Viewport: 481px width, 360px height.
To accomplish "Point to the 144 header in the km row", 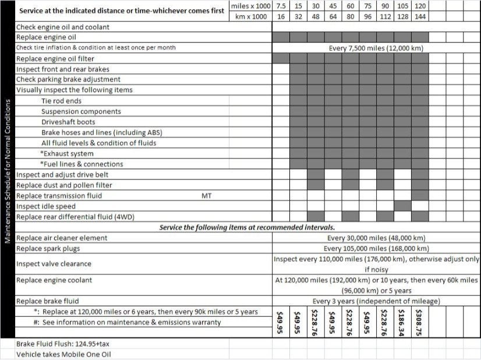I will pyautogui.click(x=420, y=16).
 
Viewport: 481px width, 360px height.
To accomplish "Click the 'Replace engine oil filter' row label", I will pyautogui.click(x=55, y=58).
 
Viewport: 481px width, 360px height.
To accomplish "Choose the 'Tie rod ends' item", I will pyautogui.click(x=62, y=101).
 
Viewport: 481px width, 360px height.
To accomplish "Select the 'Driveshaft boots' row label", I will pyautogui.click(x=69, y=122).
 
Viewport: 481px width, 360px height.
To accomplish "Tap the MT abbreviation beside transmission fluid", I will pyautogui.click(x=206, y=196).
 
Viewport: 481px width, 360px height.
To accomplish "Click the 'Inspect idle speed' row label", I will pyautogui.click(x=47, y=206).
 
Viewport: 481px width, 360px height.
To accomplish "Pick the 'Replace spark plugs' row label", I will pyautogui.click(x=48, y=248).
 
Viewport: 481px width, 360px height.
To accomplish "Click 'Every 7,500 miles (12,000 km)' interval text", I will pyautogui.click(x=376, y=48).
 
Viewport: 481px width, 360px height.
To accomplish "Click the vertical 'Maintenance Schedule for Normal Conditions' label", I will pyautogui.click(x=8, y=171).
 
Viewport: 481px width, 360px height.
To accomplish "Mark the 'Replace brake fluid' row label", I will pyautogui.click(x=47, y=301).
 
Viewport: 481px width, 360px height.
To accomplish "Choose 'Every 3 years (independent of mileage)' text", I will pyautogui.click(x=376, y=301).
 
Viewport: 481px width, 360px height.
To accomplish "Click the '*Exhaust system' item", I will pyautogui.click(x=67, y=153).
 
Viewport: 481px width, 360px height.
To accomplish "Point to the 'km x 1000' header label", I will pyautogui.click(x=251, y=16).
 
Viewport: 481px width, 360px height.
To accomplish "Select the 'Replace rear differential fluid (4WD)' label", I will pyautogui.click(x=75, y=217).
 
